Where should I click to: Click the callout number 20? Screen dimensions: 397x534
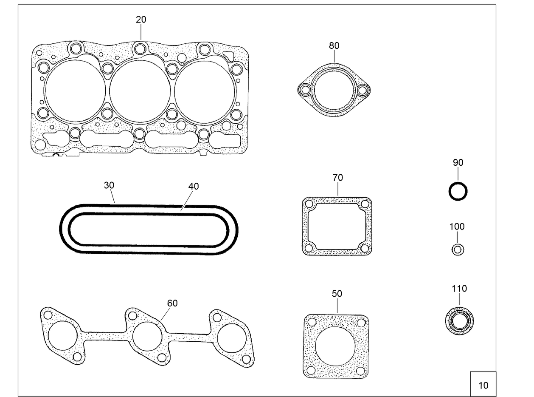141,19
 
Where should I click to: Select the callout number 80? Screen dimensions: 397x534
334,45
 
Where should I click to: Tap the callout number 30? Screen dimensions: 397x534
109,185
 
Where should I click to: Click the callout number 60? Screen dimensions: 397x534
172,303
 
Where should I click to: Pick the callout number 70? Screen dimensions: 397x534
338,178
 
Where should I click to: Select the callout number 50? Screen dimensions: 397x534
337,294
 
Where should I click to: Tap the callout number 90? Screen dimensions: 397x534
458,162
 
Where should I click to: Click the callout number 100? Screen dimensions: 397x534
457,227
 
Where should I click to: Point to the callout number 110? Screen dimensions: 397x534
459,289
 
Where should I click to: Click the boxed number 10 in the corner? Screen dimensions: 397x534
483,385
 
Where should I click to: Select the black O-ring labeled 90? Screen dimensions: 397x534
458,192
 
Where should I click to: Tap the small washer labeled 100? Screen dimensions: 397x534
458,250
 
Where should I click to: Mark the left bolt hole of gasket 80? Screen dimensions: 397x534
305,90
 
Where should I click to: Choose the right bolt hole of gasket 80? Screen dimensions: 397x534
363,90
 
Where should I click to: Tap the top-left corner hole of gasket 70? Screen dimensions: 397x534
309,204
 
